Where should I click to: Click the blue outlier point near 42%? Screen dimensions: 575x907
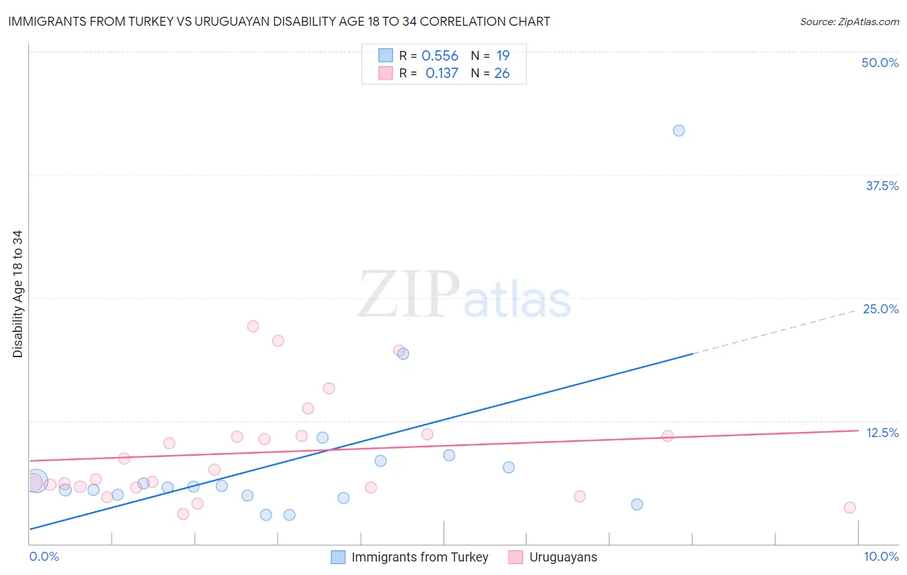pos(679,130)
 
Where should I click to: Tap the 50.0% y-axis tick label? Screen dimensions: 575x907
pos(880,63)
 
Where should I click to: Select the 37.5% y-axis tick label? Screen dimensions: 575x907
pos(882,186)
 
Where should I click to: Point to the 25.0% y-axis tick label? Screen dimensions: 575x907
pos(881,309)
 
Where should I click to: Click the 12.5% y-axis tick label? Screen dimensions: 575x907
pos(882,433)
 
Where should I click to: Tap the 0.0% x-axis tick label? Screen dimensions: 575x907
pos(44,556)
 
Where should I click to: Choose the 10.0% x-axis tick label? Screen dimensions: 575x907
pos(881,556)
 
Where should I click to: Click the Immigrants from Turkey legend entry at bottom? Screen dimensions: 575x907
pos(419,557)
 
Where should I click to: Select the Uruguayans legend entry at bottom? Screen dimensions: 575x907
pos(563,557)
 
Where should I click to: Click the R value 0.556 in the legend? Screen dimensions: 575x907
pos(439,56)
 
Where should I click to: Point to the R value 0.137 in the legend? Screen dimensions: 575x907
pos(442,73)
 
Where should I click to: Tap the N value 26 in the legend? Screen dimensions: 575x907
pos(502,73)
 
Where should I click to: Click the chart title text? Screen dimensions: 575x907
pos(279,21)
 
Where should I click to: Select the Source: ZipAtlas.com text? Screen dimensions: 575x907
pos(849,21)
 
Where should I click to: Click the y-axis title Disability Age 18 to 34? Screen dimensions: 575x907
pos(17,293)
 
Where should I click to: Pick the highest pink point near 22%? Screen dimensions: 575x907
pos(253,326)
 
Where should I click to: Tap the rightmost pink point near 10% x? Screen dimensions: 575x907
pos(850,507)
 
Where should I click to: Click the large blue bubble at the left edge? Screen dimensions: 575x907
pos(37,481)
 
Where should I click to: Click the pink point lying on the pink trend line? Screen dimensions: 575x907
pos(668,436)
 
